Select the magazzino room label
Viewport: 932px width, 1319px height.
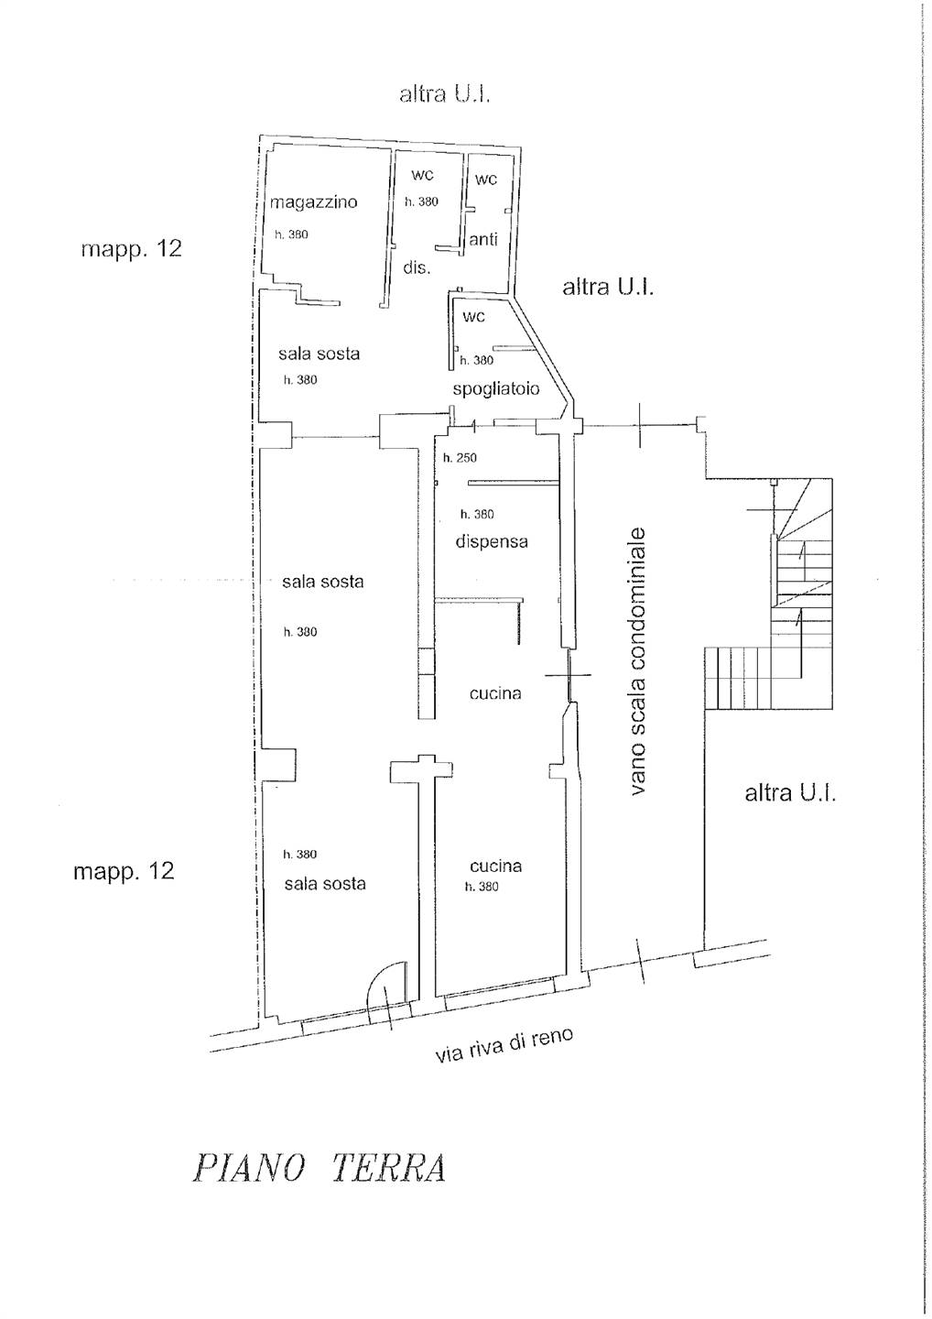point(314,202)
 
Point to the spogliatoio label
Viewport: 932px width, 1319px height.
point(496,388)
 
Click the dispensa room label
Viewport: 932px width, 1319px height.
point(492,541)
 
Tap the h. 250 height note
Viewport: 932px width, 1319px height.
point(461,458)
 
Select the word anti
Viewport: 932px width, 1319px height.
point(483,239)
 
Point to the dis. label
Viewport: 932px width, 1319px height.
point(417,267)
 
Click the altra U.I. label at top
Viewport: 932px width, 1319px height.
point(445,95)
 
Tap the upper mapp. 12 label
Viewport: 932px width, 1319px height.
point(131,250)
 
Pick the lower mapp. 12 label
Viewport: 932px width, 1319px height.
point(125,871)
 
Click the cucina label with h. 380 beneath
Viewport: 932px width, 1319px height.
point(496,866)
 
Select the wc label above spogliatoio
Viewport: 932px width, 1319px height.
point(473,316)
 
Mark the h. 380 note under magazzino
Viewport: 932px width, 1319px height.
point(291,234)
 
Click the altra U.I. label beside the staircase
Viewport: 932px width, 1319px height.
point(790,794)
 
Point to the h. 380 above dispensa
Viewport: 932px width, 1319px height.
point(477,514)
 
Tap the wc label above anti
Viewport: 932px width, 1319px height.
point(486,179)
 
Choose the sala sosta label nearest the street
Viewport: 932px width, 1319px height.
point(325,884)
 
